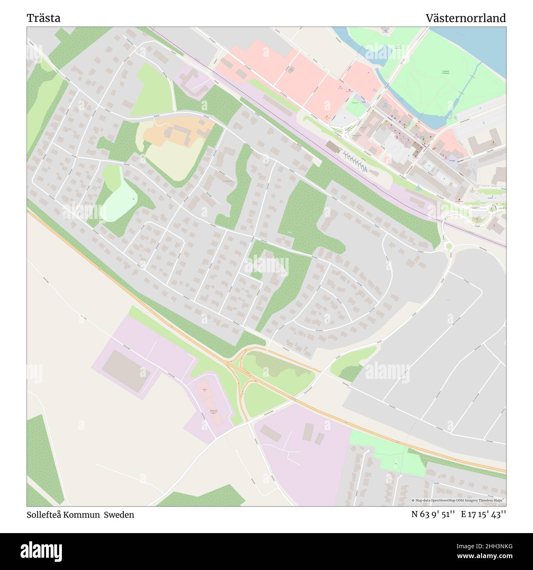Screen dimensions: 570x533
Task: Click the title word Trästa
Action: click(x=43, y=18)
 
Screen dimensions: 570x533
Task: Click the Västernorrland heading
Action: click(x=465, y=18)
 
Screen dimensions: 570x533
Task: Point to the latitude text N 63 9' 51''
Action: click(x=433, y=514)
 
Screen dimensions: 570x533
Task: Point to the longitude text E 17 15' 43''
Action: click(x=483, y=514)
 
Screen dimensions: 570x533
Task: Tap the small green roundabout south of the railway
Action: click(x=449, y=246)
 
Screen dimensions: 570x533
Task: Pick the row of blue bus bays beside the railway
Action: click(x=355, y=160)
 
